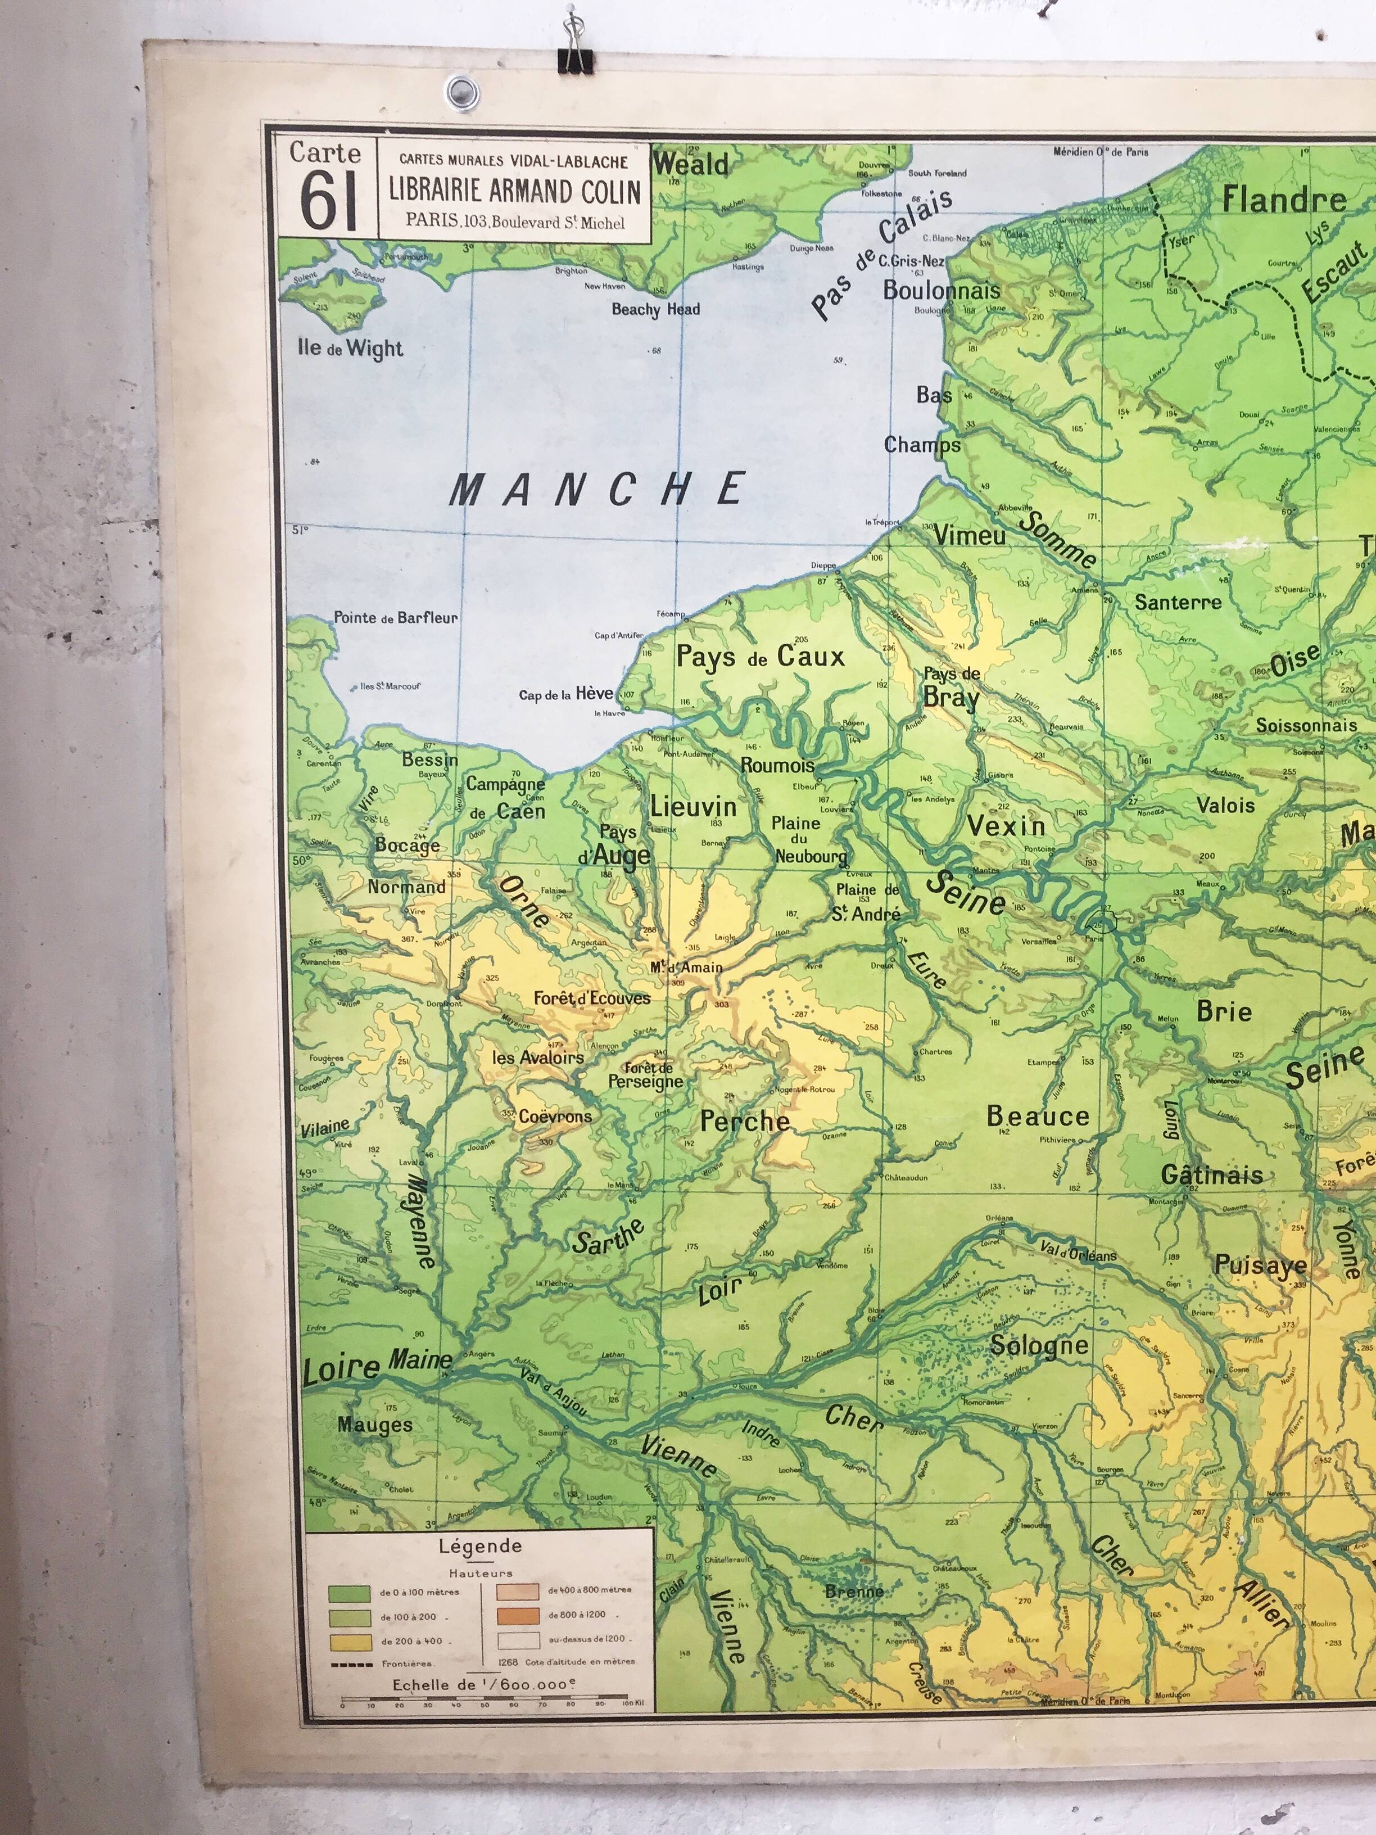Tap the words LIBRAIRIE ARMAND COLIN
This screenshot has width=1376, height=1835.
tap(514, 191)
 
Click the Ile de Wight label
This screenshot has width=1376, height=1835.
tap(350, 349)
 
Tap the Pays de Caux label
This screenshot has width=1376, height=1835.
tap(760, 657)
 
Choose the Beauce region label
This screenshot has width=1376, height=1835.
tap(1038, 1117)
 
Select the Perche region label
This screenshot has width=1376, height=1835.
tap(745, 1122)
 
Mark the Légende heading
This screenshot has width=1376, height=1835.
tap(480, 1546)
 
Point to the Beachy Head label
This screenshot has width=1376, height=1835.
tap(655, 309)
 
